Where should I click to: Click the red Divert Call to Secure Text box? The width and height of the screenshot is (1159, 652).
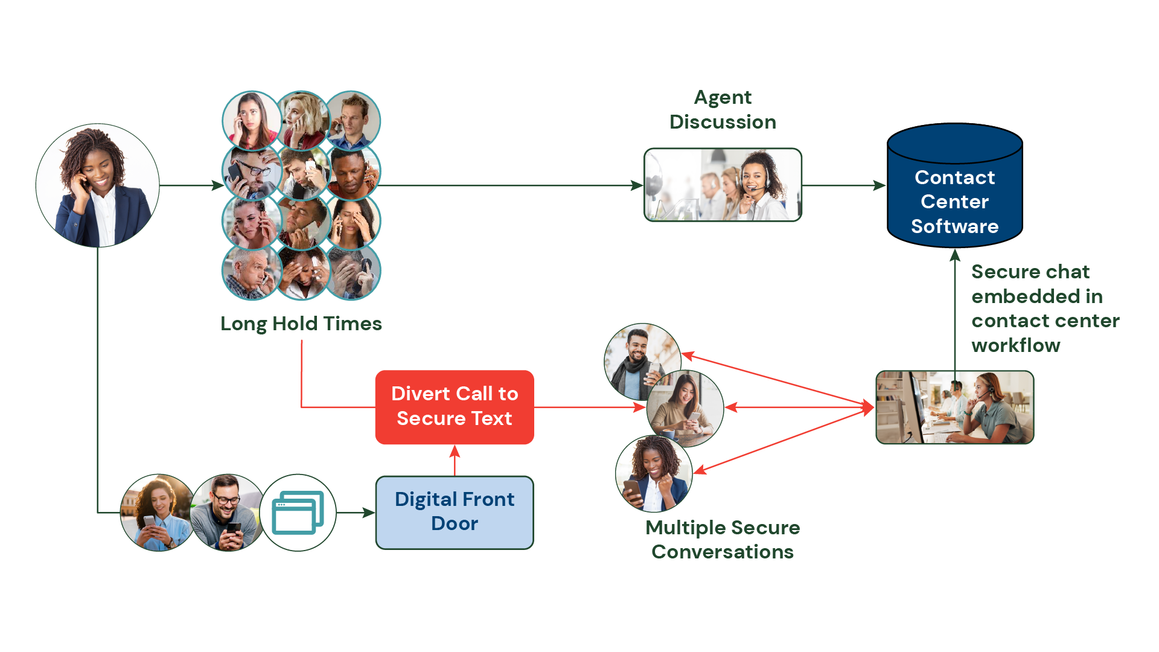pos(455,407)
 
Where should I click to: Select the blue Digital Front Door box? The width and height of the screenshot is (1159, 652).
pos(455,512)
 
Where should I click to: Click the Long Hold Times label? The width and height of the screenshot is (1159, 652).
pos(301,324)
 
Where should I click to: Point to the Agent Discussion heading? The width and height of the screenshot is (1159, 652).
pos(723,110)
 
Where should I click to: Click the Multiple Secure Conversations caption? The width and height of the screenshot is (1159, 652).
pos(723,539)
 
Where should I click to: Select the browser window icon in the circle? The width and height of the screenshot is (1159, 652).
pos(298,513)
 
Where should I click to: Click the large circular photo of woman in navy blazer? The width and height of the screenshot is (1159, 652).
pos(98,185)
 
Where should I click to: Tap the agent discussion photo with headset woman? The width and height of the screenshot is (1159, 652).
pos(723,185)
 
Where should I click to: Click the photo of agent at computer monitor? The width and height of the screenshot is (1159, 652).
pos(954,407)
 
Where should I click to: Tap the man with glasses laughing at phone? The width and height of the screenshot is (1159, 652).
pos(227,513)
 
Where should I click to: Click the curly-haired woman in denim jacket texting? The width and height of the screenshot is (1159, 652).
pos(157,513)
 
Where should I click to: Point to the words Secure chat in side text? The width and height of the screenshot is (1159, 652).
pos(1030,272)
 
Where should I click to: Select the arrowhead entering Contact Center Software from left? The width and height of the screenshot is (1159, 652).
pos(879,185)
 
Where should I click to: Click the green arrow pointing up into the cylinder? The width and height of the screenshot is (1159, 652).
pos(954,302)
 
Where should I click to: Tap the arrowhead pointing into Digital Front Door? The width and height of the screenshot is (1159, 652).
pos(368,513)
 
